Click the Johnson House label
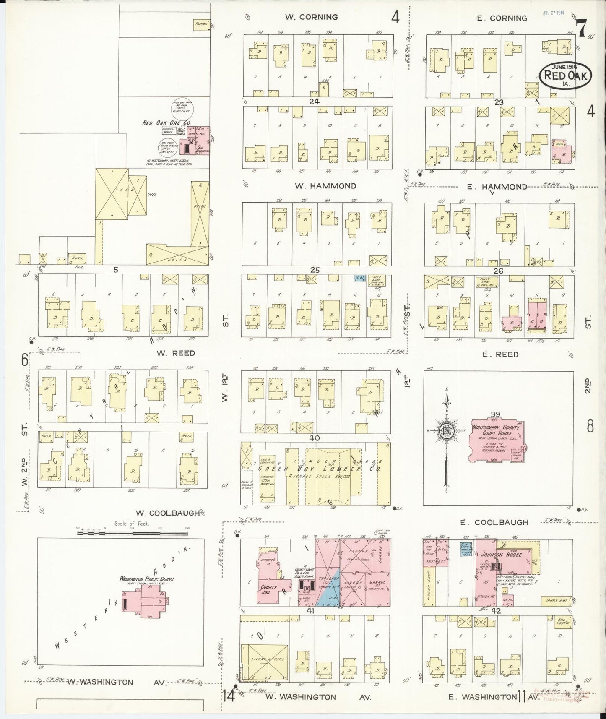pos(507,555)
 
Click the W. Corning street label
pos(311,17)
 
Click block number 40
pos(315,438)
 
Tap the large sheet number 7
pos(581,29)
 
